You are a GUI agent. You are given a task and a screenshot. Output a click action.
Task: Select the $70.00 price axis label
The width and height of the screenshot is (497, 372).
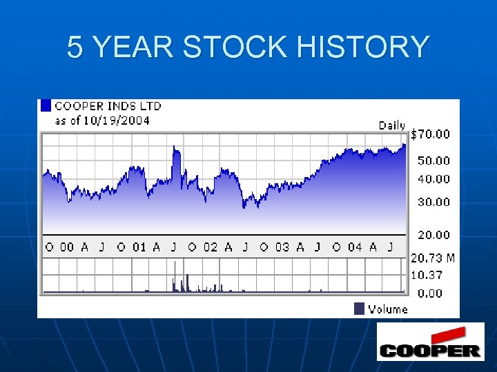tap(430, 134)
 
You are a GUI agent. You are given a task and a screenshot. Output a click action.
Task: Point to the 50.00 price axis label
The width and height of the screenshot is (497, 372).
tap(433, 161)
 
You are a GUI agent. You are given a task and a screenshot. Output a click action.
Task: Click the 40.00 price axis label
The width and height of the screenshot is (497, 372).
tap(433, 179)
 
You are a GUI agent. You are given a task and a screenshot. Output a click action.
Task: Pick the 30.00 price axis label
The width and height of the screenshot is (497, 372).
tap(433, 203)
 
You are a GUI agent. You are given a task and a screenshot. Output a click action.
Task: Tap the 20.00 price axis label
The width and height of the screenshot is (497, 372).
tap(433, 235)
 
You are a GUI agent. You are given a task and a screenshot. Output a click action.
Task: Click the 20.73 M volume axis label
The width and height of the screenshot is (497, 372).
tap(433, 258)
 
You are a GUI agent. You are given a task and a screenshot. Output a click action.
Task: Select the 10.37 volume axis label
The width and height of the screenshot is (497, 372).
tap(427, 274)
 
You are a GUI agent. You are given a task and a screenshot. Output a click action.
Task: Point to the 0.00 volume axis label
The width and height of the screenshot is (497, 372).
tap(430, 293)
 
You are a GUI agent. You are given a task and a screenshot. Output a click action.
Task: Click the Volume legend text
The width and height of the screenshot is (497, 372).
tap(388, 309)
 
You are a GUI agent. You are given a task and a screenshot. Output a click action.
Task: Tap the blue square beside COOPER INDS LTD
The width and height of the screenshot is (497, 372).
tap(46, 105)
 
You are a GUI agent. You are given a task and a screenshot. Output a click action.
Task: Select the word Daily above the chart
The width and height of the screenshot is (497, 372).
tap(392, 125)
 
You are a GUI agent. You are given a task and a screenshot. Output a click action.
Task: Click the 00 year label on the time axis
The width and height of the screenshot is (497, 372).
tap(67, 247)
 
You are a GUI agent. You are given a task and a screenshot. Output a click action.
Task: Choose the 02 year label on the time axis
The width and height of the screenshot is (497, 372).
tap(210, 247)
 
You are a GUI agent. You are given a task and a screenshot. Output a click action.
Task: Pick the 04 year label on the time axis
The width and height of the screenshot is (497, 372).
tap(354, 247)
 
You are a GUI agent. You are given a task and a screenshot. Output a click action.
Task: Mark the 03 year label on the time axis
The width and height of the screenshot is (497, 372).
tap(282, 247)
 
